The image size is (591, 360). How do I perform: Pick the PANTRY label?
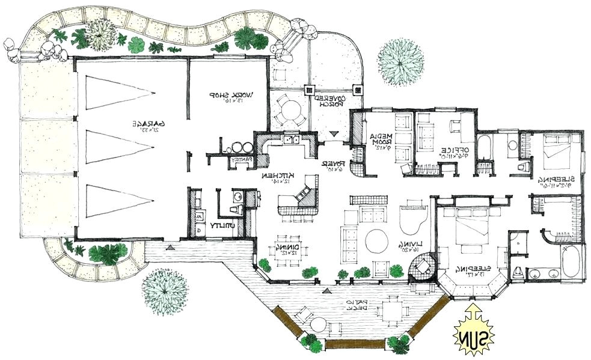(x=245, y=160)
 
